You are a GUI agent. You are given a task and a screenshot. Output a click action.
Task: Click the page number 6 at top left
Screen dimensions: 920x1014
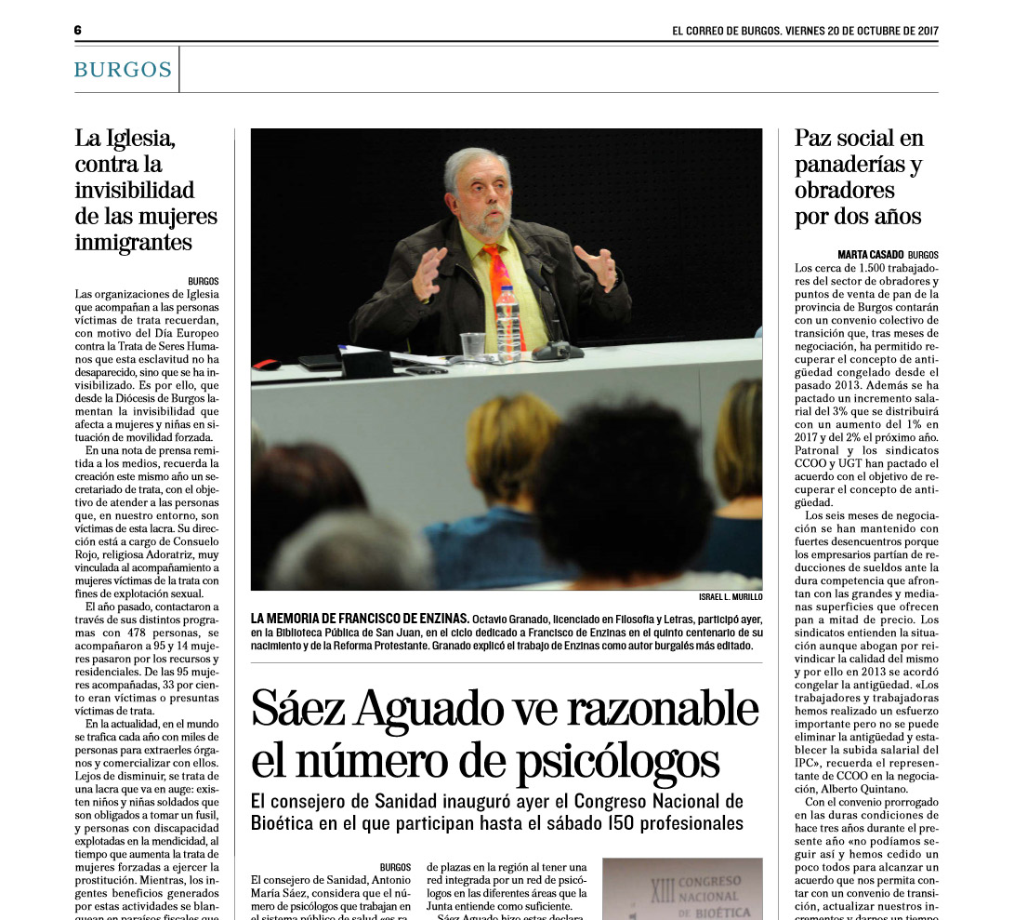pos(78,30)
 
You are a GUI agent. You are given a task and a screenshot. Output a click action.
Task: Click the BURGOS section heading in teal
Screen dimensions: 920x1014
pos(123,70)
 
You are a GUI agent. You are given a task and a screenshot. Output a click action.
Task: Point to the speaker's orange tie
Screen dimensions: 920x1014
pos(499,279)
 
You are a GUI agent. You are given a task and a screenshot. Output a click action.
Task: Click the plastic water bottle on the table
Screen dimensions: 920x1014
pos(507,323)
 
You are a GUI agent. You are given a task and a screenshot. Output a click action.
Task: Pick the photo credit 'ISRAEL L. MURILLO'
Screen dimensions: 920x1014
pos(730,596)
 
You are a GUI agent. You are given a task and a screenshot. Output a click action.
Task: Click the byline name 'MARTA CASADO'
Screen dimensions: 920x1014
pos(869,254)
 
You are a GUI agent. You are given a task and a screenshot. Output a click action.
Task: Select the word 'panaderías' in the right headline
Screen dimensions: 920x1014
pos(850,165)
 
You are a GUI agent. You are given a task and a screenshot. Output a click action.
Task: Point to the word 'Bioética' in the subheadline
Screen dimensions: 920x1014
pos(285,823)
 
